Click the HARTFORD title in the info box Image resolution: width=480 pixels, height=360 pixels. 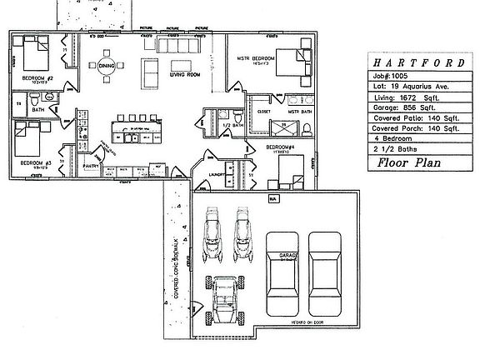415,62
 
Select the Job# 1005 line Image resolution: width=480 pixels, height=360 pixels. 396,75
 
